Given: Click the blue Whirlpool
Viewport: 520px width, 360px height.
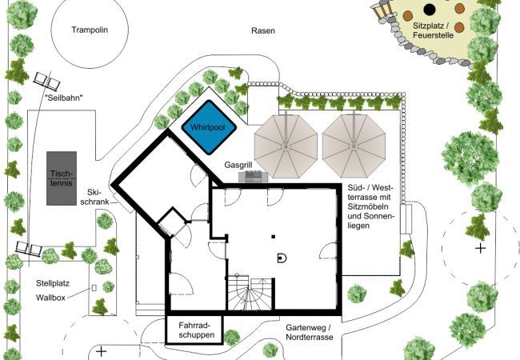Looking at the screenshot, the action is coord(209,127).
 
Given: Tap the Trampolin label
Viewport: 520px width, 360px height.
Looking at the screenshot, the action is coord(90,30).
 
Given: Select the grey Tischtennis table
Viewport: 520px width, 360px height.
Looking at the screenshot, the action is coord(62,178).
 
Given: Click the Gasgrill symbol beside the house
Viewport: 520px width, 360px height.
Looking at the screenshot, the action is coord(254,176).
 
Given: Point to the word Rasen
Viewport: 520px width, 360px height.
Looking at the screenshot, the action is coord(263,31).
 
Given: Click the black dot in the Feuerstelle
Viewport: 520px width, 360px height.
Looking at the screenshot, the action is coord(430,10).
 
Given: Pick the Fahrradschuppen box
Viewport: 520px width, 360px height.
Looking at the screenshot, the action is coord(194,330).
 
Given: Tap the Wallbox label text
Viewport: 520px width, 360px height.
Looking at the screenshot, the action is coord(50,298).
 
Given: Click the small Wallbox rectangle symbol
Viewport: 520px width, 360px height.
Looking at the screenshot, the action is coord(94,288).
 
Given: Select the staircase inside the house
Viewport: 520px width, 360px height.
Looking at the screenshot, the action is coord(250,293).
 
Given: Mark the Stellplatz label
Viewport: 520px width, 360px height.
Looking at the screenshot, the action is coord(53,283).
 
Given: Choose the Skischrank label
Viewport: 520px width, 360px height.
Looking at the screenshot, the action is coord(95,197).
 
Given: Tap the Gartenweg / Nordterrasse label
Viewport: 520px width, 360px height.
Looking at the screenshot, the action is coord(310,333).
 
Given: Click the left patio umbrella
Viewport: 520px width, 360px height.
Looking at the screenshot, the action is coord(286,146).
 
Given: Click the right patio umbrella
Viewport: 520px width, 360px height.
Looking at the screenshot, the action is coord(354,146).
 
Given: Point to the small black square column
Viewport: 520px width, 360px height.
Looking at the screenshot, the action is coord(274,237).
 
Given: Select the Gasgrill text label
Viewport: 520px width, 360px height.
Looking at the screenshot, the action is coord(238,165).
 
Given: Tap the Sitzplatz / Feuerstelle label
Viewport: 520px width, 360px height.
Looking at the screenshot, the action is coord(433,30).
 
